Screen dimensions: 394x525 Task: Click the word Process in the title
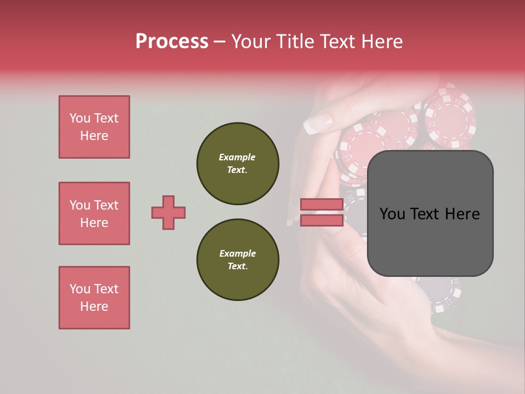click(172, 42)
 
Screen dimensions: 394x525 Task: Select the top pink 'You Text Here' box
click(94, 127)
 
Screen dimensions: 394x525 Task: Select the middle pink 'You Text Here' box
click(94, 213)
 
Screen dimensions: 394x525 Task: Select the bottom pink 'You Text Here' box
click(94, 298)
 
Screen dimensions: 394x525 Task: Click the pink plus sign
click(168, 212)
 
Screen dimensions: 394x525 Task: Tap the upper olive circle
click(237, 164)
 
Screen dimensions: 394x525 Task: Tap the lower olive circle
click(237, 260)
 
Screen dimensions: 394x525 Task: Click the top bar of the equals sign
click(322, 204)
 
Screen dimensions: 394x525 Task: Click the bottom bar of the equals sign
click(322, 220)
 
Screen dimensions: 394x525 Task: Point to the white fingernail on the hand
click(318, 124)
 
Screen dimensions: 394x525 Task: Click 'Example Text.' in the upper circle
click(237, 164)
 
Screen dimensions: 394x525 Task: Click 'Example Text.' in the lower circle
click(237, 260)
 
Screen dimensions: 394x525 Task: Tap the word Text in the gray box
click(430, 213)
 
